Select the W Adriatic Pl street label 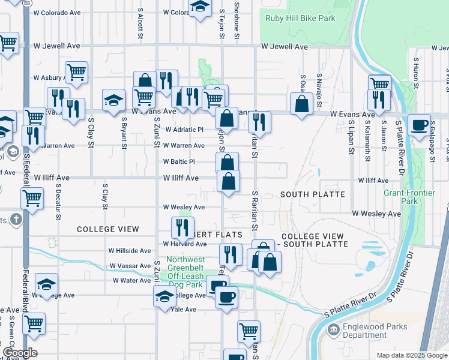coord(184,129)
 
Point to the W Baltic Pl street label coord(179,161)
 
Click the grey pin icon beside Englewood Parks coord(333,329)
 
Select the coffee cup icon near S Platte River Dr coord(418,125)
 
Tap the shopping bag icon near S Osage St coord(301,103)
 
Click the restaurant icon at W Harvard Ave coord(182,227)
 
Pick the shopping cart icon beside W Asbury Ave coord(76,72)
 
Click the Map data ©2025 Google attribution coord(411,355)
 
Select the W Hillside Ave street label coord(130,250)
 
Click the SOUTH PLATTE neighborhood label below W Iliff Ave coord(313,194)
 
